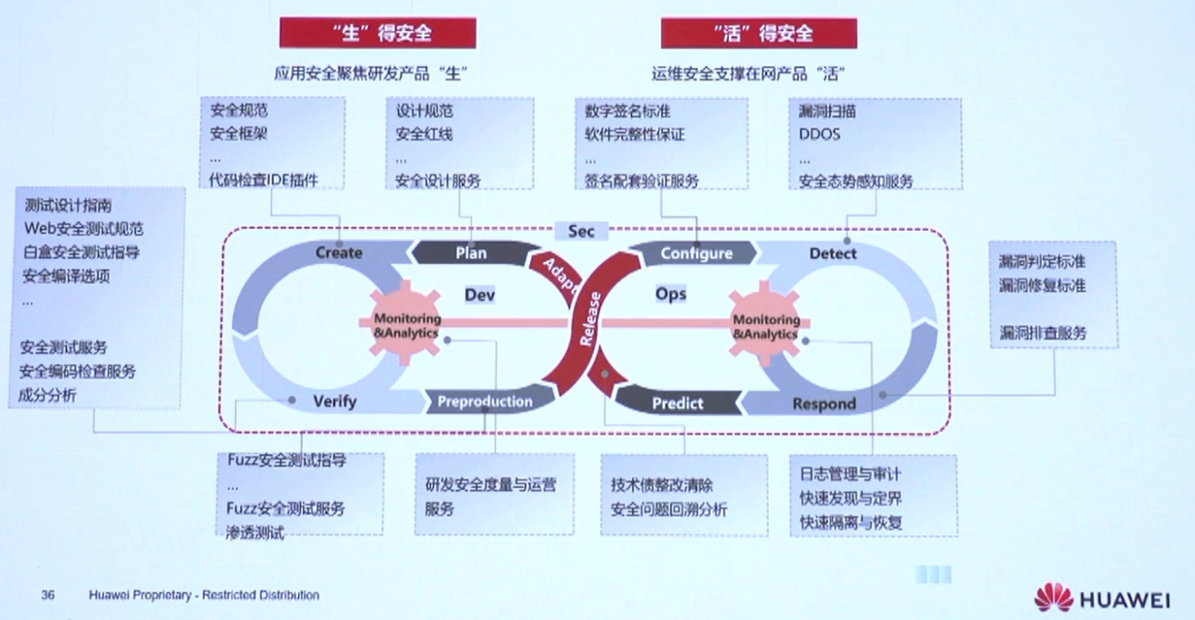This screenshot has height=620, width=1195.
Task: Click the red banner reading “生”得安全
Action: (x=377, y=34)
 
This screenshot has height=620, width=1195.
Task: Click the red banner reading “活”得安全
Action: (x=758, y=34)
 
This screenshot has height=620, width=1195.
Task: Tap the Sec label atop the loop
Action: (x=581, y=231)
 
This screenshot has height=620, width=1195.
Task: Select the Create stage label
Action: (x=338, y=253)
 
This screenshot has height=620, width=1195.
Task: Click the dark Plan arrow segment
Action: (x=471, y=253)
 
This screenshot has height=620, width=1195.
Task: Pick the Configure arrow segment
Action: (x=695, y=254)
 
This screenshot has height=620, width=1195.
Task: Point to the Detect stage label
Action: (x=832, y=254)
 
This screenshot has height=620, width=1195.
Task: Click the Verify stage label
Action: (x=335, y=401)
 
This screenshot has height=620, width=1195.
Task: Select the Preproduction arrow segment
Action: (x=485, y=402)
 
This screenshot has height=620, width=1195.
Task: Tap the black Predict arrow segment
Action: (x=677, y=403)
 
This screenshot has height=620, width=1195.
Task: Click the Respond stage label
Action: (x=823, y=403)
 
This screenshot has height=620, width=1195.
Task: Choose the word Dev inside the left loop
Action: (x=480, y=295)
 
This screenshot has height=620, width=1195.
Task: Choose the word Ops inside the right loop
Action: (x=671, y=294)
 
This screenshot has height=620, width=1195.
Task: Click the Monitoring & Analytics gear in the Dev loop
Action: (x=406, y=325)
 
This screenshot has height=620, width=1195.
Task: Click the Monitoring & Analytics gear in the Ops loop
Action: (x=765, y=326)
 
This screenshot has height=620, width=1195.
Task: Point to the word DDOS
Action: (x=820, y=134)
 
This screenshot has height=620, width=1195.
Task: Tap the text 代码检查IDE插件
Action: (x=264, y=179)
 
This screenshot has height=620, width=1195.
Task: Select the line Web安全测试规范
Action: (x=83, y=229)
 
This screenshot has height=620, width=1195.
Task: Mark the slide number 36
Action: (x=48, y=596)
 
